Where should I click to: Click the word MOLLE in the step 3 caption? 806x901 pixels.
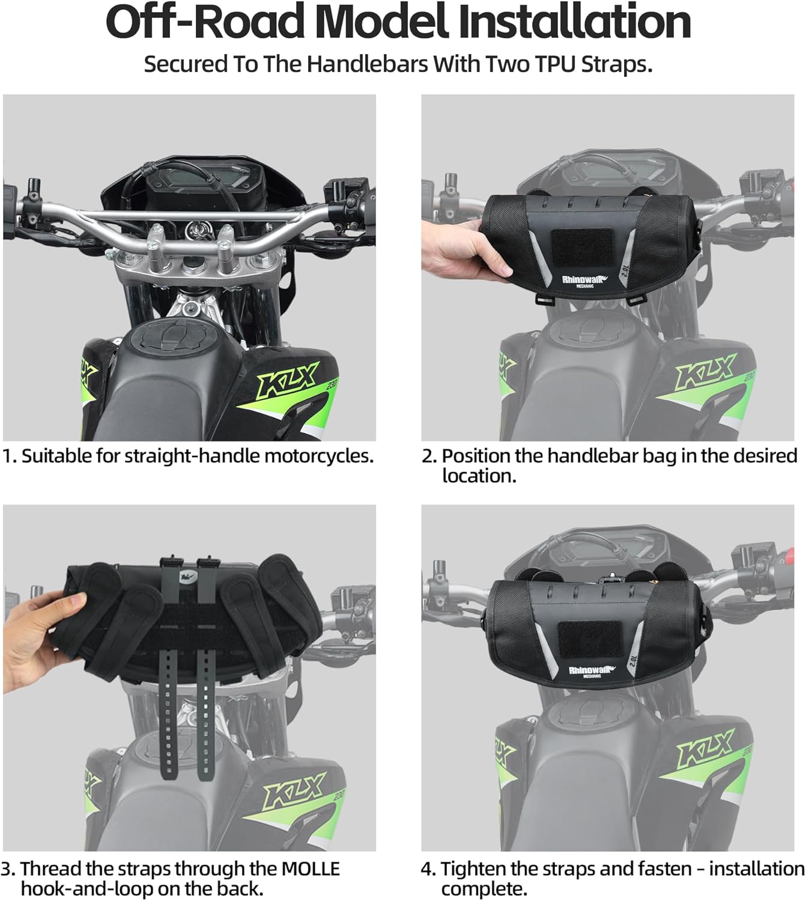click(310, 869)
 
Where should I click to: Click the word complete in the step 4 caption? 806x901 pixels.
click(483, 888)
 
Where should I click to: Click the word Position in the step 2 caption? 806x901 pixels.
click(476, 456)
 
